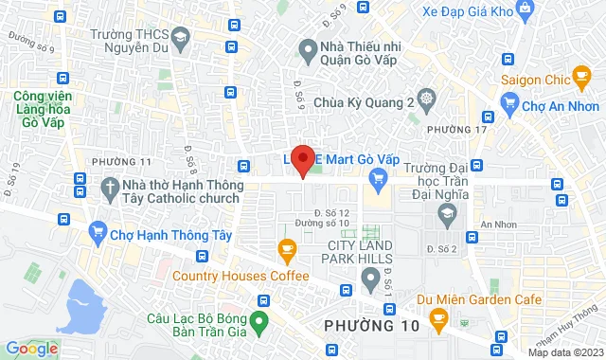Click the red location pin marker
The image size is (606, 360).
click(303, 159)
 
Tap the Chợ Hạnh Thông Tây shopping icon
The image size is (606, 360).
click(98, 230)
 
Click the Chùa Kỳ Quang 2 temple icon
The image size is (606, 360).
click(427, 100)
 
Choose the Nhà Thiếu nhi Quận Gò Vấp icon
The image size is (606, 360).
click(307, 46)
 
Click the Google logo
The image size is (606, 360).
click(31, 349)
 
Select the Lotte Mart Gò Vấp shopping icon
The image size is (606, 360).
click(379, 176)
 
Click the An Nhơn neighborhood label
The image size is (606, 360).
click(495, 224)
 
